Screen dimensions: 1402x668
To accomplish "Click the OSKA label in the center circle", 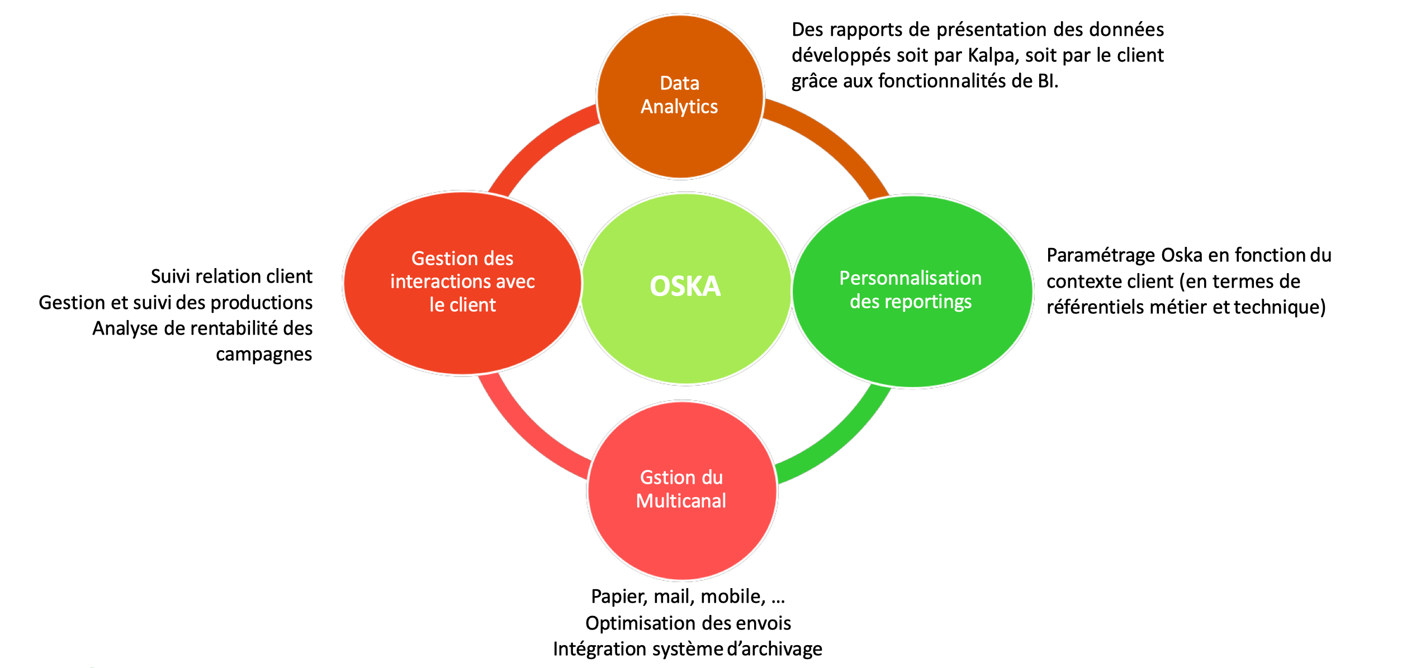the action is point(685,287).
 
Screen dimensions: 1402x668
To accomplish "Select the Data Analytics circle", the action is point(680,97).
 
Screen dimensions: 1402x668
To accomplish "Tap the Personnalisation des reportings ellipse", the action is point(912,291).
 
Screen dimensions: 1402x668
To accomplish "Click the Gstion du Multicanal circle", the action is point(682,490).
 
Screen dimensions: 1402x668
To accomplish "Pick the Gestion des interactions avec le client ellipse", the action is point(462,283).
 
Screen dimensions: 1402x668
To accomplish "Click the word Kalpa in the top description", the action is point(991,55).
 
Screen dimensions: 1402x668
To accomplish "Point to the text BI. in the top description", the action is point(1048,81).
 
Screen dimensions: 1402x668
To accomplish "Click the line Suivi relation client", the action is point(231,276).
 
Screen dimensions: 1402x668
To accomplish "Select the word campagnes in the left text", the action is point(264,355).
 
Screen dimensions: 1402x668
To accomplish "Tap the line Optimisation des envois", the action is point(688,623).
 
